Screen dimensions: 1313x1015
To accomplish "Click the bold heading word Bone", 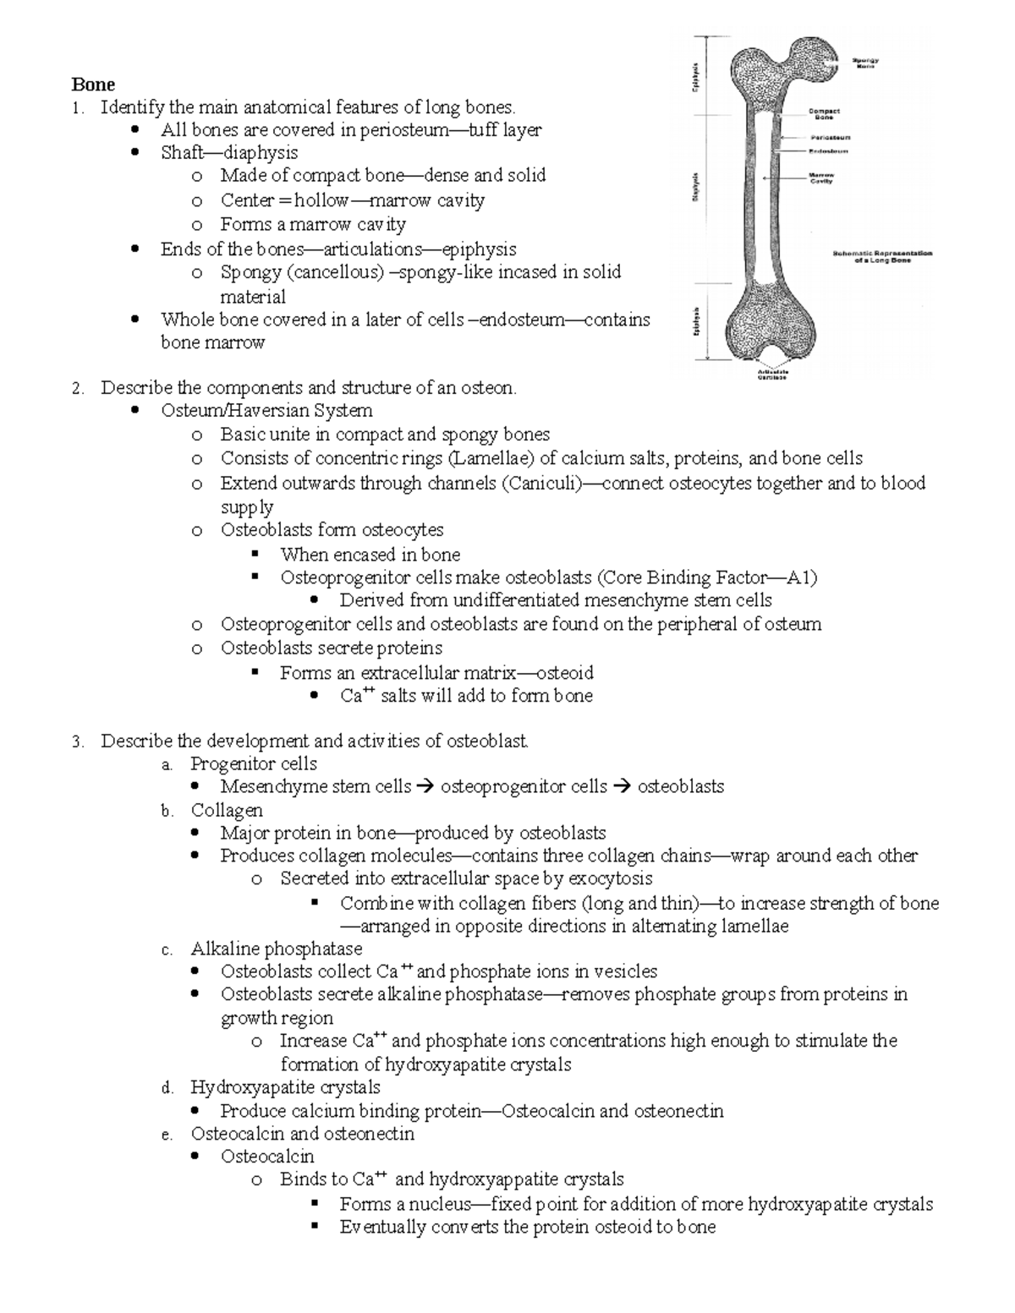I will point(93,85).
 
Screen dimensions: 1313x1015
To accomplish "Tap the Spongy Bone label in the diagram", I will point(864,63).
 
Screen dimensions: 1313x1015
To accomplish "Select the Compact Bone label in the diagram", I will point(823,113).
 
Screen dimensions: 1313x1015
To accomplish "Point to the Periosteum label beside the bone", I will point(831,137).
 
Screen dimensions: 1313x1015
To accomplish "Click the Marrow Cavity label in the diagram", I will point(822,178).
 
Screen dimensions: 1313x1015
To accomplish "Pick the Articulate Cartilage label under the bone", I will point(771,375).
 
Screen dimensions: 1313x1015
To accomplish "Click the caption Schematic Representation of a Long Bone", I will point(882,256).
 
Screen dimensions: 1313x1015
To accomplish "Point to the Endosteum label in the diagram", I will point(828,151).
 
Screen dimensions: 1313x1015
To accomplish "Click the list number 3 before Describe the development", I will point(76,742).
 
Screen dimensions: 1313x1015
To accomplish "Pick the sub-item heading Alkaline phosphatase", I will point(276,949).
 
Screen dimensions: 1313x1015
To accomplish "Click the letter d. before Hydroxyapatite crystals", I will point(167,1088).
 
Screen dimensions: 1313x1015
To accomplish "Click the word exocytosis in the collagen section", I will point(610,878).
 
